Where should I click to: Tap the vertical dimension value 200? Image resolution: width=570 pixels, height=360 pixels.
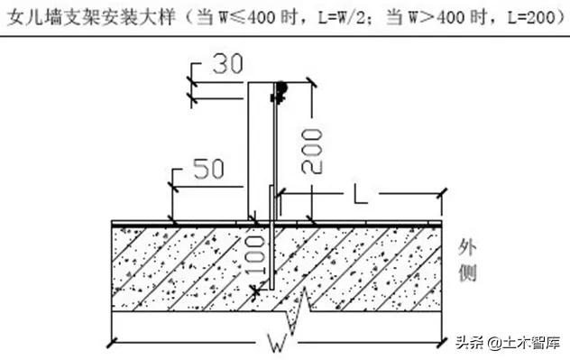pyautogui.click(x=310, y=150)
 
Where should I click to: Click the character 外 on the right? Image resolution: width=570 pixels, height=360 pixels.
pyautogui.click(x=467, y=247)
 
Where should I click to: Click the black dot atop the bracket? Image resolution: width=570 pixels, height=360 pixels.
pyautogui.click(x=281, y=88)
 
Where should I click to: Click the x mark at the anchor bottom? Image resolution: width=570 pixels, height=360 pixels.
pyautogui.click(x=257, y=291)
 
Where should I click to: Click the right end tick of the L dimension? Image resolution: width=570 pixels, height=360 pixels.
pyautogui.click(x=442, y=192)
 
